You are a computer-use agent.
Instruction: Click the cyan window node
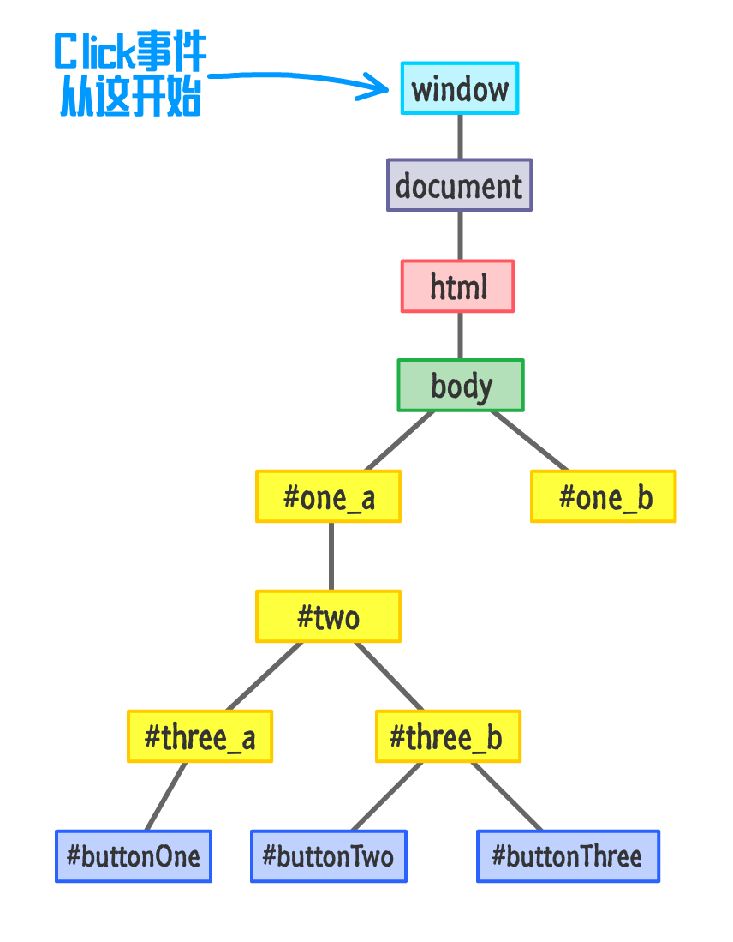(460, 88)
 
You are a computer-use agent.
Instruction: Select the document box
(459, 185)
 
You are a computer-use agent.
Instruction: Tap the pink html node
(458, 286)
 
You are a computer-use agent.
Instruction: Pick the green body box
(461, 385)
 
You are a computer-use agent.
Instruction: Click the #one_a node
(329, 496)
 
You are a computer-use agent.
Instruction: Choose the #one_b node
(604, 496)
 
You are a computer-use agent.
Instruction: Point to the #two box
(328, 616)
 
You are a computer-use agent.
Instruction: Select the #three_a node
(200, 736)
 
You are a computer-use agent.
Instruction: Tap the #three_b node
(448, 736)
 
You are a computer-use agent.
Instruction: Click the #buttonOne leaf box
(134, 856)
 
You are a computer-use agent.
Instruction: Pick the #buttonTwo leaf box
(329, 856)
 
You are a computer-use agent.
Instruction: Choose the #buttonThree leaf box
(569, 856)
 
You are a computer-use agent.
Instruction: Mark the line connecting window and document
(460, 136)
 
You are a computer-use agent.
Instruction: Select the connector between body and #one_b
(529, 441)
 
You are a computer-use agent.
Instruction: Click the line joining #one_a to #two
(331, 556)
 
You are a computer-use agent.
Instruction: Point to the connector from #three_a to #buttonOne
(166, 796)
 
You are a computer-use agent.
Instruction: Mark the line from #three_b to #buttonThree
(506, 796)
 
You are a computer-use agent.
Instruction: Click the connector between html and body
(460, 335)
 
